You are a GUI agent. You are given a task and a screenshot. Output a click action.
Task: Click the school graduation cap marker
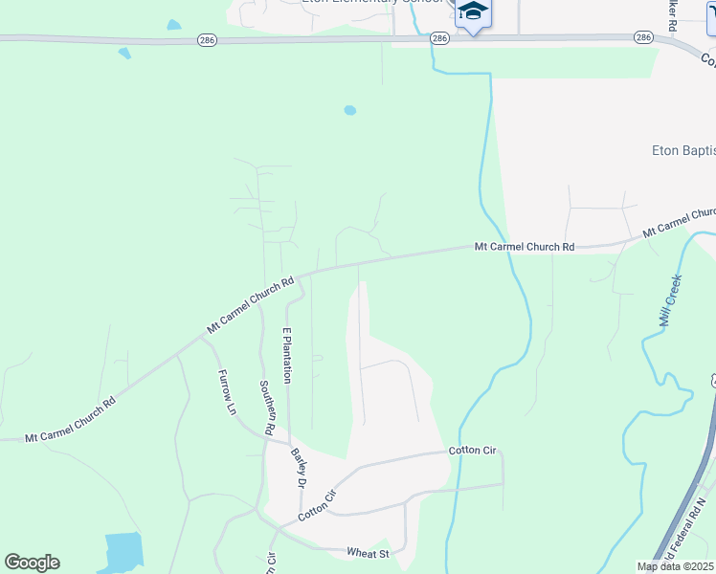[x=472, y=13]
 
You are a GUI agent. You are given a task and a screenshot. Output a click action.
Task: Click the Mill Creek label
[x=671, y=300]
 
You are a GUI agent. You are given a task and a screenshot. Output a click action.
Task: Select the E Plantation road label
[x=285, y=355]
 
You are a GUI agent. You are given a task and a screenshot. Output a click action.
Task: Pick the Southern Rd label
[x=267, y=406]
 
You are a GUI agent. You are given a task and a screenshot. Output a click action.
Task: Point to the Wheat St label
[x=369, y=553]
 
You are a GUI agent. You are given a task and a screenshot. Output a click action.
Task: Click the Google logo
[x=32, y=563]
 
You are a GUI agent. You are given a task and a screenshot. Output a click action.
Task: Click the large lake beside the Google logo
[x=123, y=551]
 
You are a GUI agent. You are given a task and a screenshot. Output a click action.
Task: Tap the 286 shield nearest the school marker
[x=439, y=38]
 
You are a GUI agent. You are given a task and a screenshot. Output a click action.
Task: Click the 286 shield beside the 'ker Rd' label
[x=643, y=37]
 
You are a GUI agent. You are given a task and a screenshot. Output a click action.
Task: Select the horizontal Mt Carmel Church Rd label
[x=525, y=247]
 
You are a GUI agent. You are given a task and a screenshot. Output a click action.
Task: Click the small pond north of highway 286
[x=173, y=25]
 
